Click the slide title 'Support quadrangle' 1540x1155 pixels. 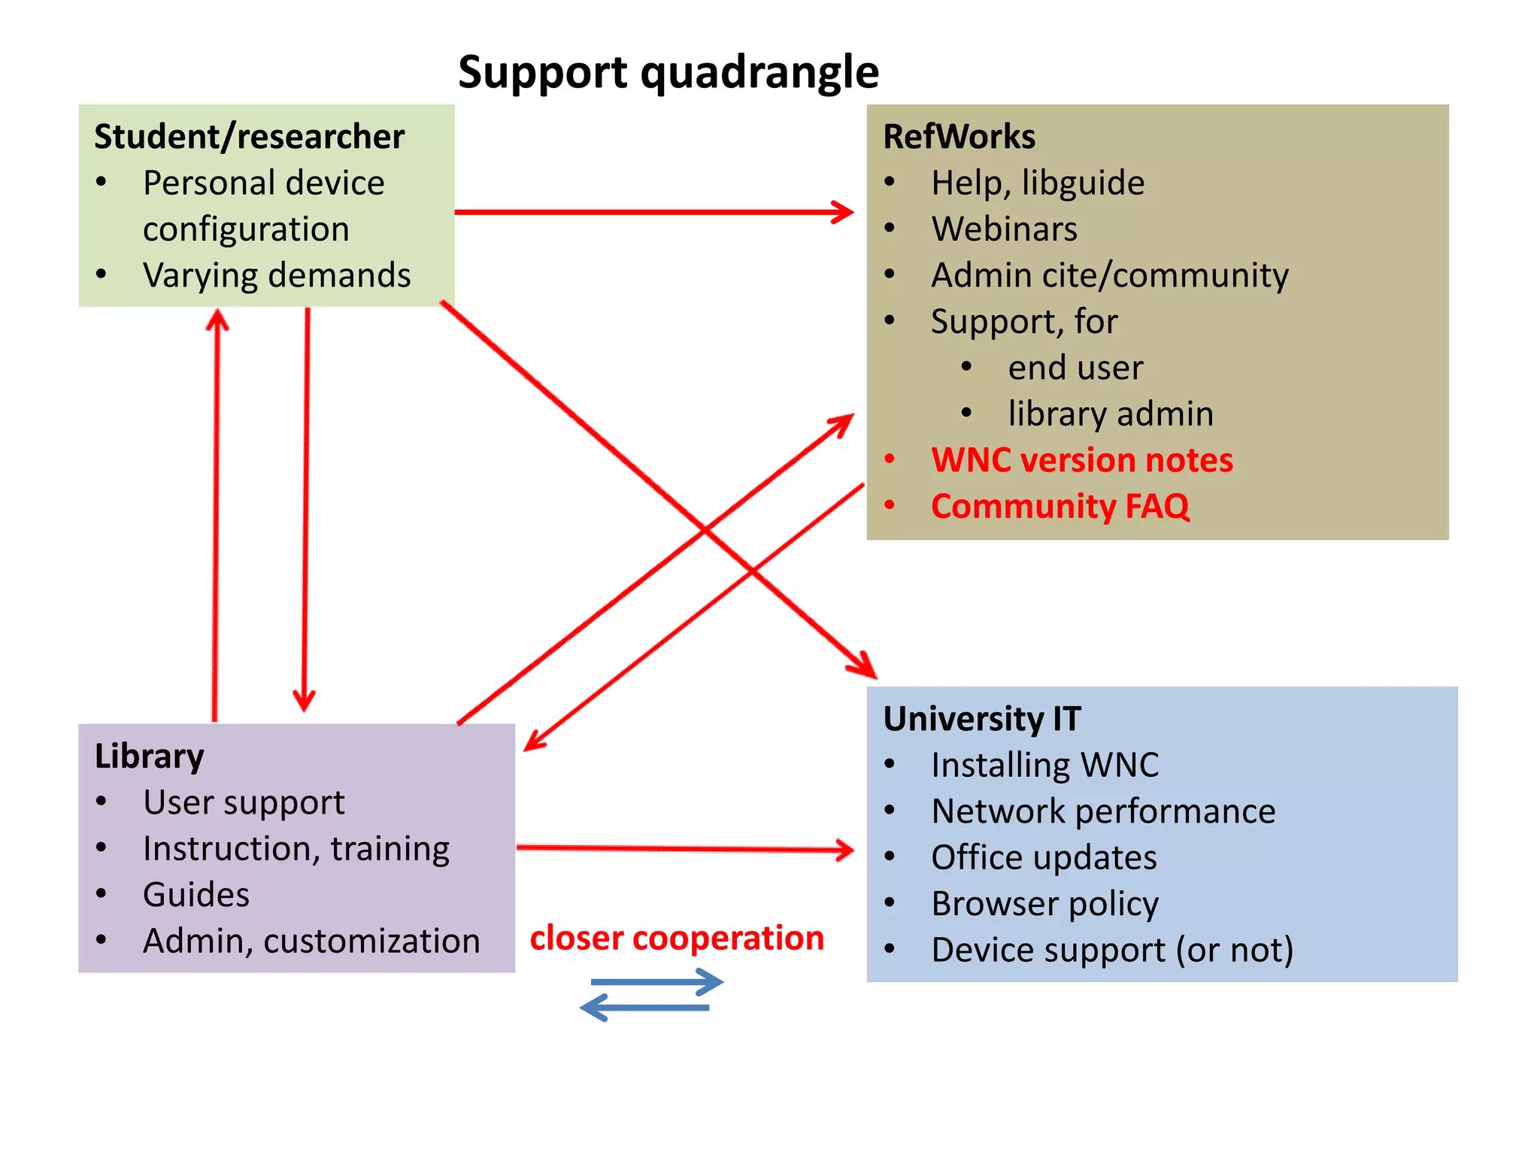[668, 73]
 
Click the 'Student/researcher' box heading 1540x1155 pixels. [249, 137]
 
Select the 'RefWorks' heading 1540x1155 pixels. [959, 137]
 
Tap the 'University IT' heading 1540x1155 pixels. [981, 719]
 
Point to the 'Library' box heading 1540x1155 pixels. [149, 756]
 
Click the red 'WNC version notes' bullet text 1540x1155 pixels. [1081, 460]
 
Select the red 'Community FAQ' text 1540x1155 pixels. [1060, 506]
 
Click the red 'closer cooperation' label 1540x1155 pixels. [677, 938]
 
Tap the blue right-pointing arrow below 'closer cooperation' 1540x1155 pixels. [656, 981]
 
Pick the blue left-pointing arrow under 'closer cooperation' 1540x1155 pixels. [645, 1008]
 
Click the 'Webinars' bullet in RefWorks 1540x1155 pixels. [1004, 229]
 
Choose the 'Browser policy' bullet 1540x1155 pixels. [1044, 904]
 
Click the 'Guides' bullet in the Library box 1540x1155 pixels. [196, 895]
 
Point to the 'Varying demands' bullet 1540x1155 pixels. [277, 275]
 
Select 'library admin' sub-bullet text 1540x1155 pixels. [1110, 414]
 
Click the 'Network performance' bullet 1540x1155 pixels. [1103, 811]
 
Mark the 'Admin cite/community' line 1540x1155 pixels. [1109, 275]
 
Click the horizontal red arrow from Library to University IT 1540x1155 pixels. [684, 849]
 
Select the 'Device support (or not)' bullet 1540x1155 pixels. [1111, 950]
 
